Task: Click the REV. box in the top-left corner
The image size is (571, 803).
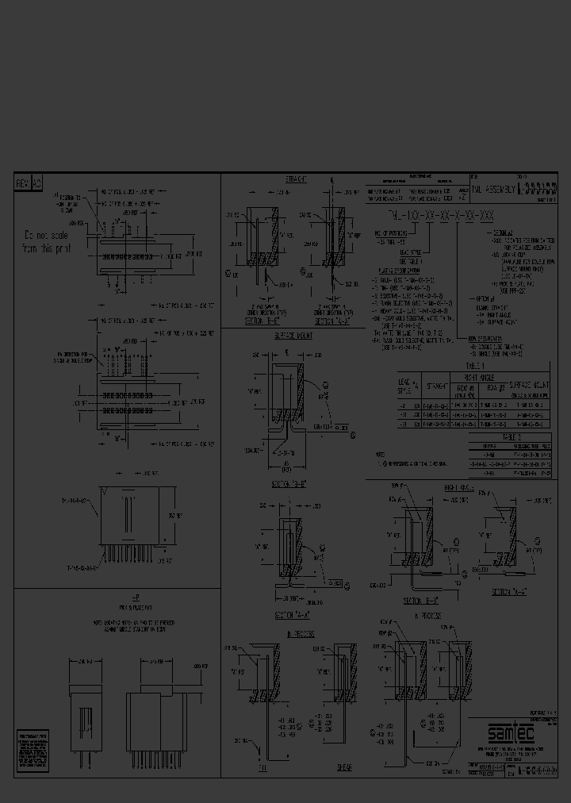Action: (22, 183)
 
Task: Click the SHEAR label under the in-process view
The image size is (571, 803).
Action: (344, 767)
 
